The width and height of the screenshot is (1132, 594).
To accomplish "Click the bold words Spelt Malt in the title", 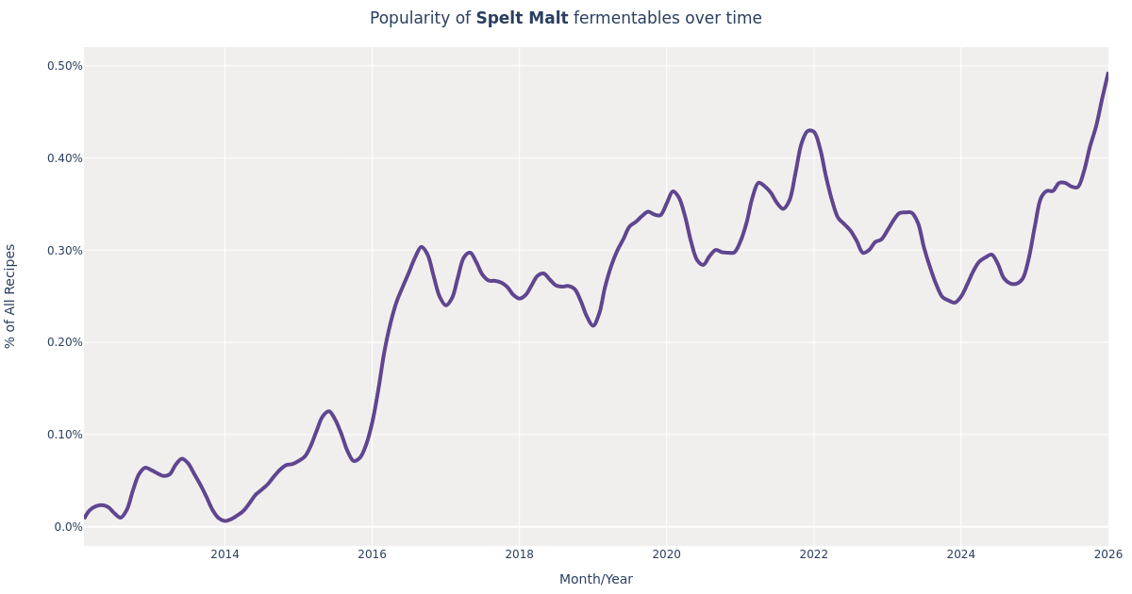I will point(522,19).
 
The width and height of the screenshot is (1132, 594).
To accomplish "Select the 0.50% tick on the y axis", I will point(65,66).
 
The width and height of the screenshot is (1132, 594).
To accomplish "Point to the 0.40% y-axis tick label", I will point(65,158).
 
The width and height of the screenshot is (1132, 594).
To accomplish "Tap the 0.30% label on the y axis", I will point(65,251).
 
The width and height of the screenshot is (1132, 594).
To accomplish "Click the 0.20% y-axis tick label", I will point(65,342).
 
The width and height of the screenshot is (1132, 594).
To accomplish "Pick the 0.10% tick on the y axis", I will point(65,435).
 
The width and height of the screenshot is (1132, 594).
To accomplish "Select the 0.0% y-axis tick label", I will point(68,527).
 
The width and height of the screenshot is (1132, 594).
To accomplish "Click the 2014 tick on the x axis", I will point(225,554).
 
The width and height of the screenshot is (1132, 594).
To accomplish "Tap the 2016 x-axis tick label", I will point(372,554).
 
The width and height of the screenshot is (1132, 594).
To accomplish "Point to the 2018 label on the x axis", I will point(519,554).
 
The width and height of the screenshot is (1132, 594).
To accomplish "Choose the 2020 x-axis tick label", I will point(666,554).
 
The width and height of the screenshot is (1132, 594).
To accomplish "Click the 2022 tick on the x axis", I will point(813,554).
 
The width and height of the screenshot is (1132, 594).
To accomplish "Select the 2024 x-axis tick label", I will point(960,554).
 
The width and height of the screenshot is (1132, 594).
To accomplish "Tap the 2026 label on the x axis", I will point(1107,554).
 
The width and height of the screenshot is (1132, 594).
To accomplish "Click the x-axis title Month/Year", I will point(595,580).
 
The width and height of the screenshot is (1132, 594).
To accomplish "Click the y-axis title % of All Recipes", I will point(11,296).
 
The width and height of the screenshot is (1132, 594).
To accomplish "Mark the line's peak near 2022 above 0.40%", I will point(810,130).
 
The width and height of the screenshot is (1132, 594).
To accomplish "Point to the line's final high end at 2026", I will point(1107,74).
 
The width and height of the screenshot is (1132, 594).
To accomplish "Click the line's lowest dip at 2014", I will point(225,520).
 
